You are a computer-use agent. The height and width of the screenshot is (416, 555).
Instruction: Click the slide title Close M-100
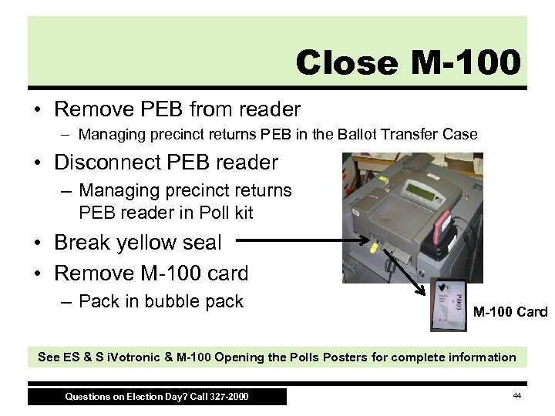tap(408, 62)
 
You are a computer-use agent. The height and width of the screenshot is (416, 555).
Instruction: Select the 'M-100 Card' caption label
tap(510, 312)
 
